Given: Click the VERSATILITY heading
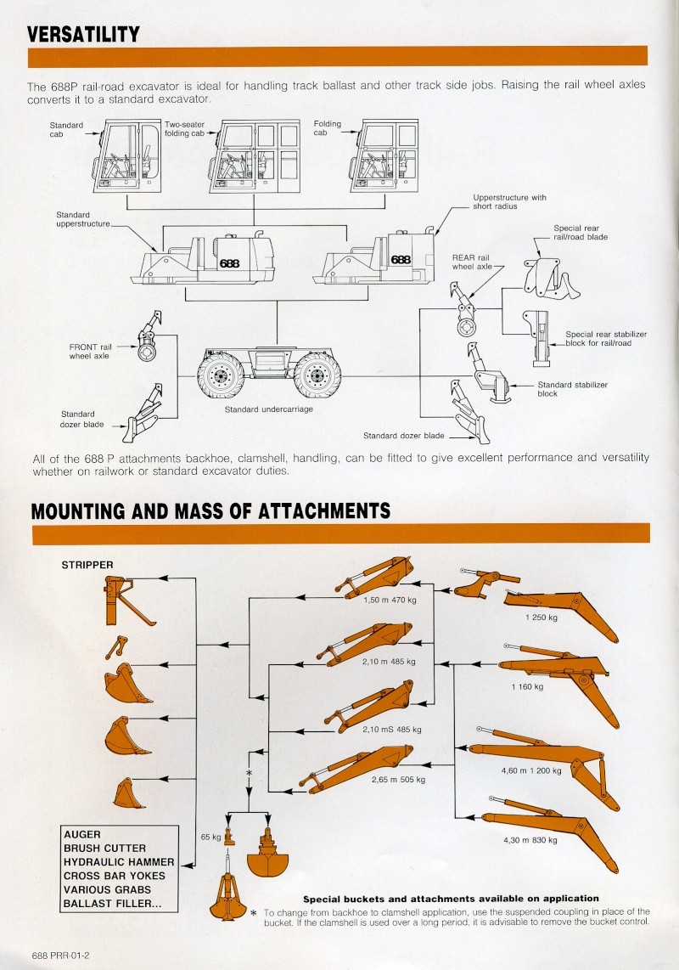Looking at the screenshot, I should click(83, 34).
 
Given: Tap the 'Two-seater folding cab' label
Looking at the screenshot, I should click(184, 129).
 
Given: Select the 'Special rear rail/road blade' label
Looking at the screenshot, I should click(581, 233).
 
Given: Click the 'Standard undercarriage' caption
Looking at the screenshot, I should click(268, 409).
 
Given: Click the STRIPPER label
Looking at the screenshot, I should click(87, 564).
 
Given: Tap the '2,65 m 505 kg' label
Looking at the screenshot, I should click(398, 779).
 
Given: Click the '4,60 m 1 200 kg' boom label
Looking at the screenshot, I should click(531, 770).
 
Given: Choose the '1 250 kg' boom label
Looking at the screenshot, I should click(541, 618).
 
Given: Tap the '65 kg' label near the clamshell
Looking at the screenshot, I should click(210, 837).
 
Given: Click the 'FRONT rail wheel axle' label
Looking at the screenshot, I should click(91, 351).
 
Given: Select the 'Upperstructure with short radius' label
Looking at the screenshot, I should click(509, 201).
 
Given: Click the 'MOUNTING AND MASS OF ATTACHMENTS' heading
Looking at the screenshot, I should click(210, 510).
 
